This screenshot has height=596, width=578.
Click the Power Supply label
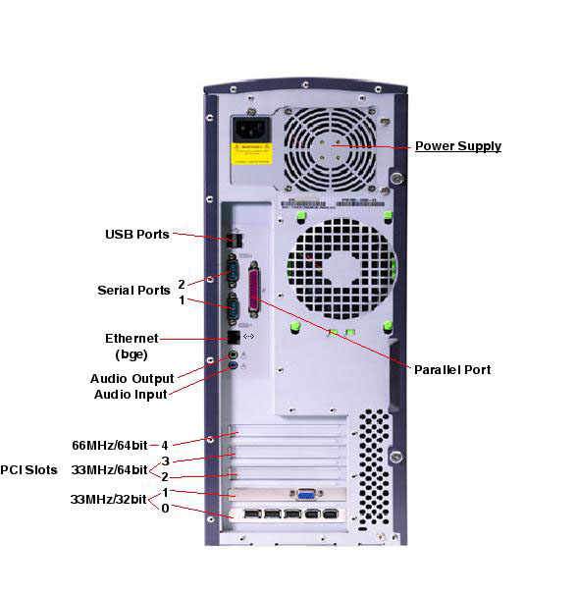458,146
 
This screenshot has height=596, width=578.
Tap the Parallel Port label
452,370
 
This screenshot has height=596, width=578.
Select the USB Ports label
137,234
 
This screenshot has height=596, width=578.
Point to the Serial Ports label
133,291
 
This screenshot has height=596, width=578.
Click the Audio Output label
132,379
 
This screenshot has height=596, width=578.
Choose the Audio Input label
131,395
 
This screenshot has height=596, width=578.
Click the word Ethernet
131,339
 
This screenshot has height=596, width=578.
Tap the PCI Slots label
28,470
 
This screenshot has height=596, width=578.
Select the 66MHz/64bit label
110,446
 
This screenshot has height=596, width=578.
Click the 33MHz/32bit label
108,499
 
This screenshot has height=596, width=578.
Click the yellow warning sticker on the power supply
252,153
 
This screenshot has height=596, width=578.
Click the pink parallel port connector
254,290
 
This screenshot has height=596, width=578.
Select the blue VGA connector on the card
306,495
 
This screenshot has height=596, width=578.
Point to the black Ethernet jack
234,337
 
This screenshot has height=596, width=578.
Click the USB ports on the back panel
236,241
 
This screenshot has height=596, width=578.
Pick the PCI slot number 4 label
165,446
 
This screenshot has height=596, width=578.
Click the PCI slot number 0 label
165,509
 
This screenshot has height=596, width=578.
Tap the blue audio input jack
234,366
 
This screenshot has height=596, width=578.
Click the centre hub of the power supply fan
330,149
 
